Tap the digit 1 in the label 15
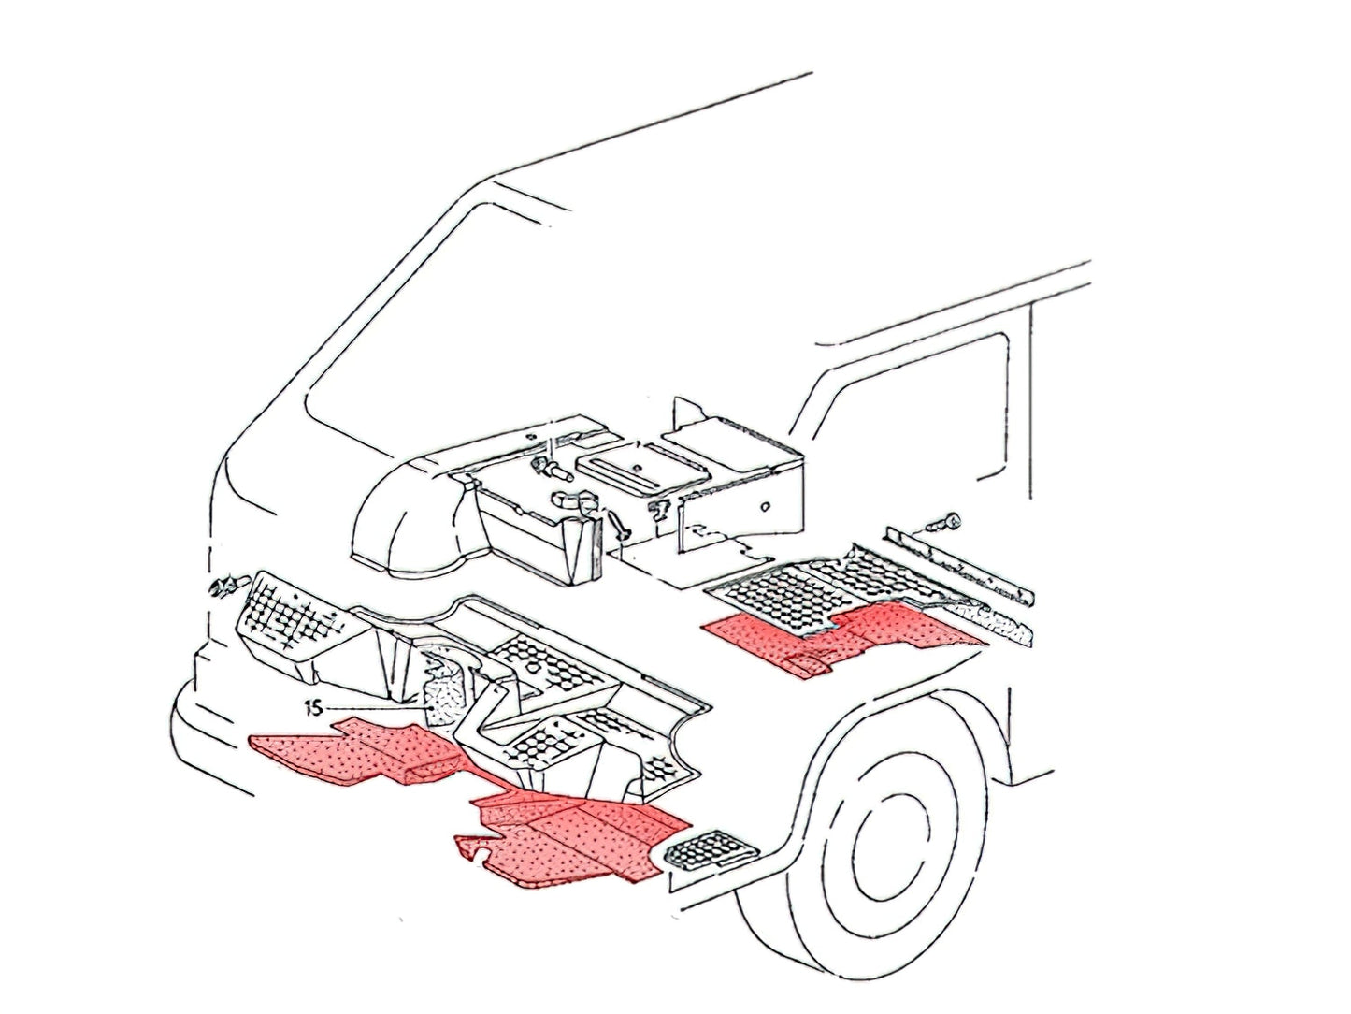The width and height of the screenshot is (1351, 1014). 308,709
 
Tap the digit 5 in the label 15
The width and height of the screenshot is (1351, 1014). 316,709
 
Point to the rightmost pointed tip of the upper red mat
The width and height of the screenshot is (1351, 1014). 988,644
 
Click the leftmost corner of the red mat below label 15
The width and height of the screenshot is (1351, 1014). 248,737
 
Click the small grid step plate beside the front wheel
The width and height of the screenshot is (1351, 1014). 712,853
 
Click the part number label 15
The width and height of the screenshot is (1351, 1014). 312,709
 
